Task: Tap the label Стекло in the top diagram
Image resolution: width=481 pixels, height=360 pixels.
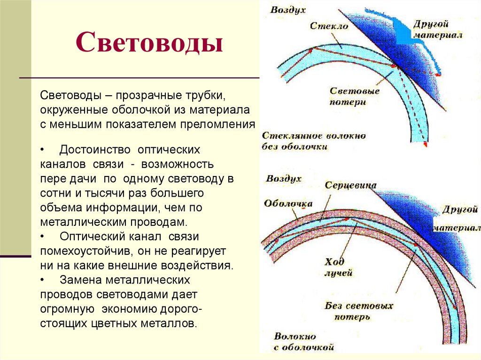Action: (329, 26)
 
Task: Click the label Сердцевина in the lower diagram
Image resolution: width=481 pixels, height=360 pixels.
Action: (350, 185)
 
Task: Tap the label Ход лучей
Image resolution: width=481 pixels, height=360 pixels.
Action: (338, 267)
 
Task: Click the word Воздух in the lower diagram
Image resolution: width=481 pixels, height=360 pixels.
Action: (284, 178)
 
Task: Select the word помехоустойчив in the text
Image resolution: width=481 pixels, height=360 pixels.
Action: (79, 251)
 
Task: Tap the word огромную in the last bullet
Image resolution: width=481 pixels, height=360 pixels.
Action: (65, 309)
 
